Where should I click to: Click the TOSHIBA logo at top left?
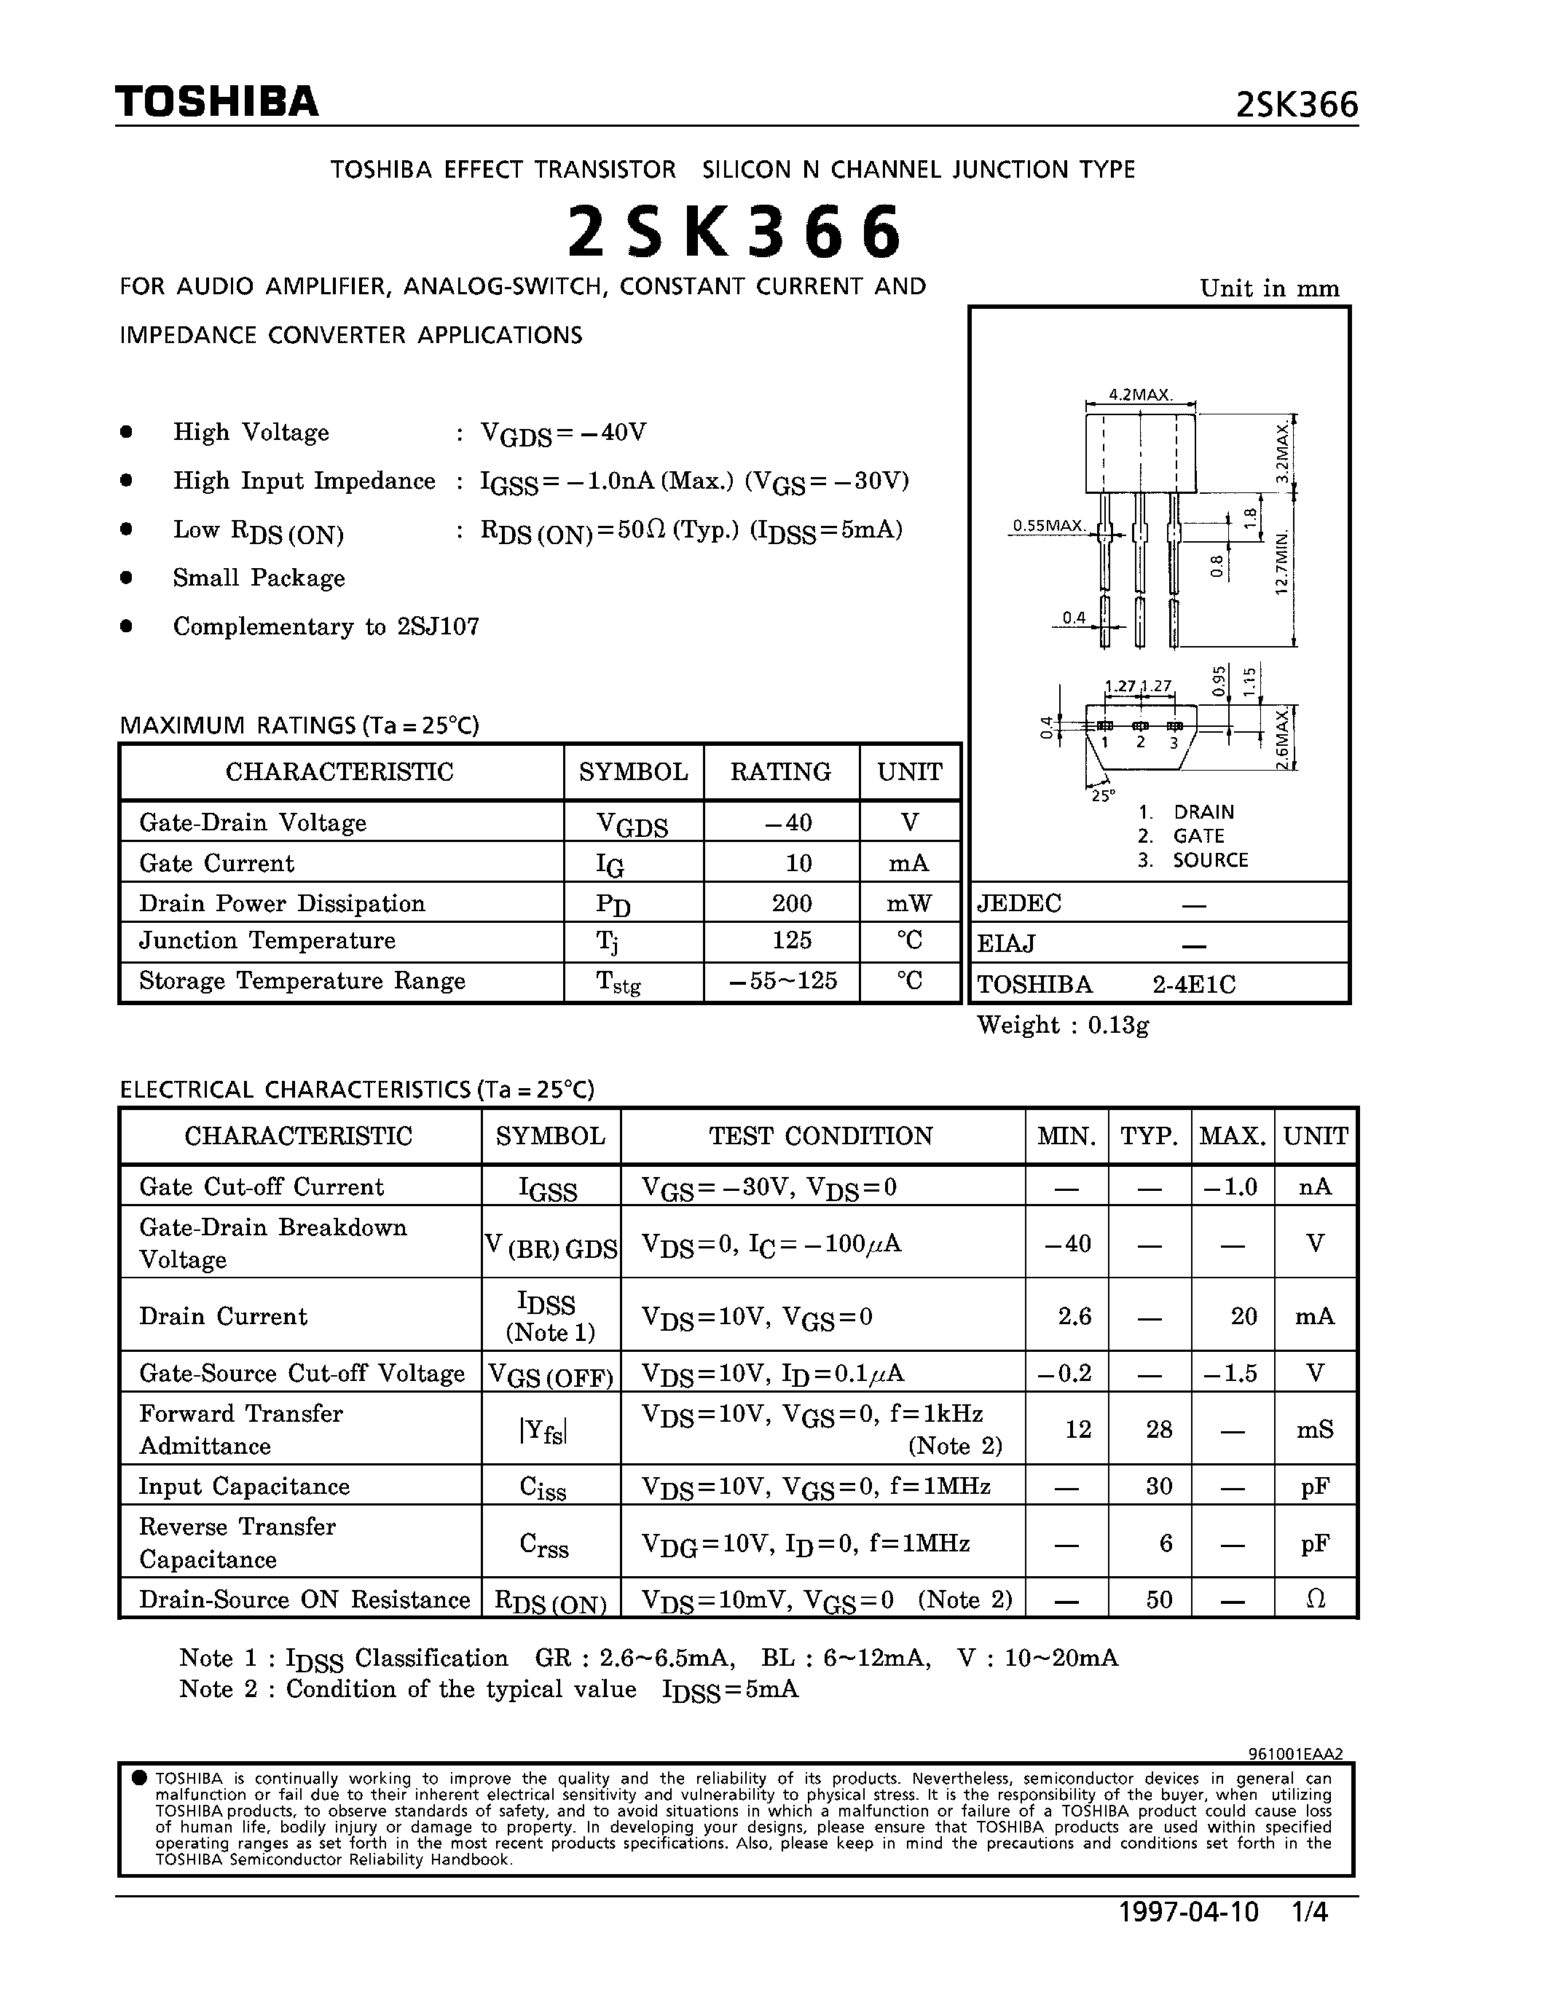tap(216, 101)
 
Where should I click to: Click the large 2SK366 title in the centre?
tap(734, 232)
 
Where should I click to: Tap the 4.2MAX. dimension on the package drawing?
tap(1140, 394)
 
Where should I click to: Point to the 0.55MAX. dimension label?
tap(1048, 525)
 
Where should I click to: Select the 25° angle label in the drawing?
tap(1102, 795)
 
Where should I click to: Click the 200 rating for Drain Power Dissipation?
tap(791, 903)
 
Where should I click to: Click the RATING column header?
tap(780, 771)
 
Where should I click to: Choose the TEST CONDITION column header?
tap(821, 1136)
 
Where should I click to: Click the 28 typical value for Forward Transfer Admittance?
tap(1159, 1429)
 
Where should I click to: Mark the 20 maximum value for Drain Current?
tap(1243, 1316)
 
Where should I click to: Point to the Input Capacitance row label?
tap(244, 1486)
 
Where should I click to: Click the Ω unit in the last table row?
tap(1315, 1599)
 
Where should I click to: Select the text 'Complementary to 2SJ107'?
tap(326, 626)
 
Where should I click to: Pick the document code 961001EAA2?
tap(1295, 1754)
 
